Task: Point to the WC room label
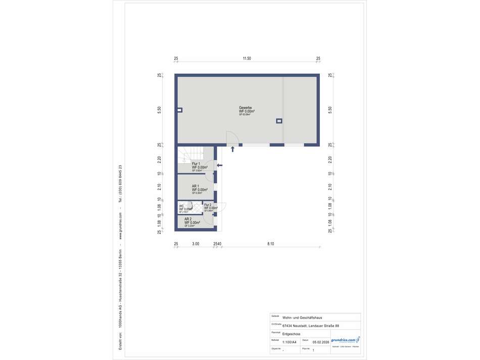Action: point(182,206)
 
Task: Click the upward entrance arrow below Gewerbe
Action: point(232,149)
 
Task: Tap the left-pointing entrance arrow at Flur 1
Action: point(219,164)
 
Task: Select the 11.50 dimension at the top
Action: point(247,59)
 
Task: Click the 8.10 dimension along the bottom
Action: point(270,244)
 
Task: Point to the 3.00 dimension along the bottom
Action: point(196,244)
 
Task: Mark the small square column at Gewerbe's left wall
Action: point(179,110)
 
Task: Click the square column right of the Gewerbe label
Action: point(279,121)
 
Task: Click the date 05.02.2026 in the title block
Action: point(320,342)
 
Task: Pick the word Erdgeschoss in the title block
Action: point(293,334)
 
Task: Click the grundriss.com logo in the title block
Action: point(346,340)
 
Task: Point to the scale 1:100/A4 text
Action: point(290,342)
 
